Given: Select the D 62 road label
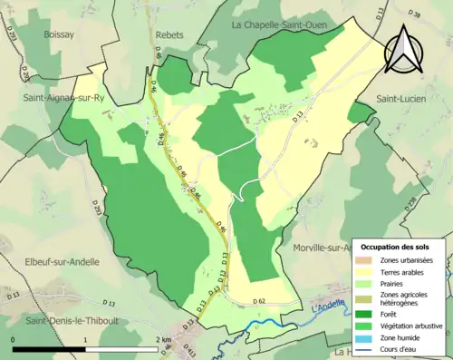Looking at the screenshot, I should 258,299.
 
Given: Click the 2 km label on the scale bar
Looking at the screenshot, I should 163,339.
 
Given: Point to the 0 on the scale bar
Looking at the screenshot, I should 14,339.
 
